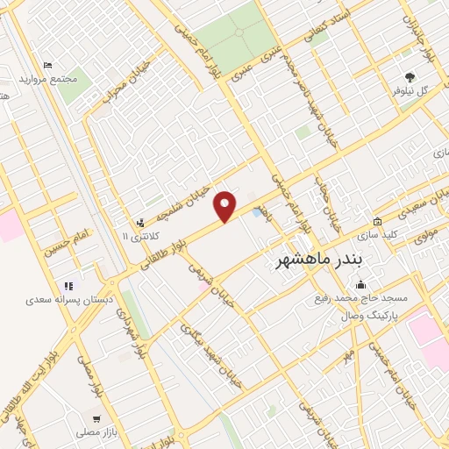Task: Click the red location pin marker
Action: pyautogui.click(x=225, y=206)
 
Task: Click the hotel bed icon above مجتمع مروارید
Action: pyautogui.click(x=48, y=66)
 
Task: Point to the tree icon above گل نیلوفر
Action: pyautogui.click(x=410, y=77)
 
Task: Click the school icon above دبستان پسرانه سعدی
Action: pyautogui.click(x=68, y=284)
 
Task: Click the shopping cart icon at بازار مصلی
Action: pyautogui.click(x=96, y=419)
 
